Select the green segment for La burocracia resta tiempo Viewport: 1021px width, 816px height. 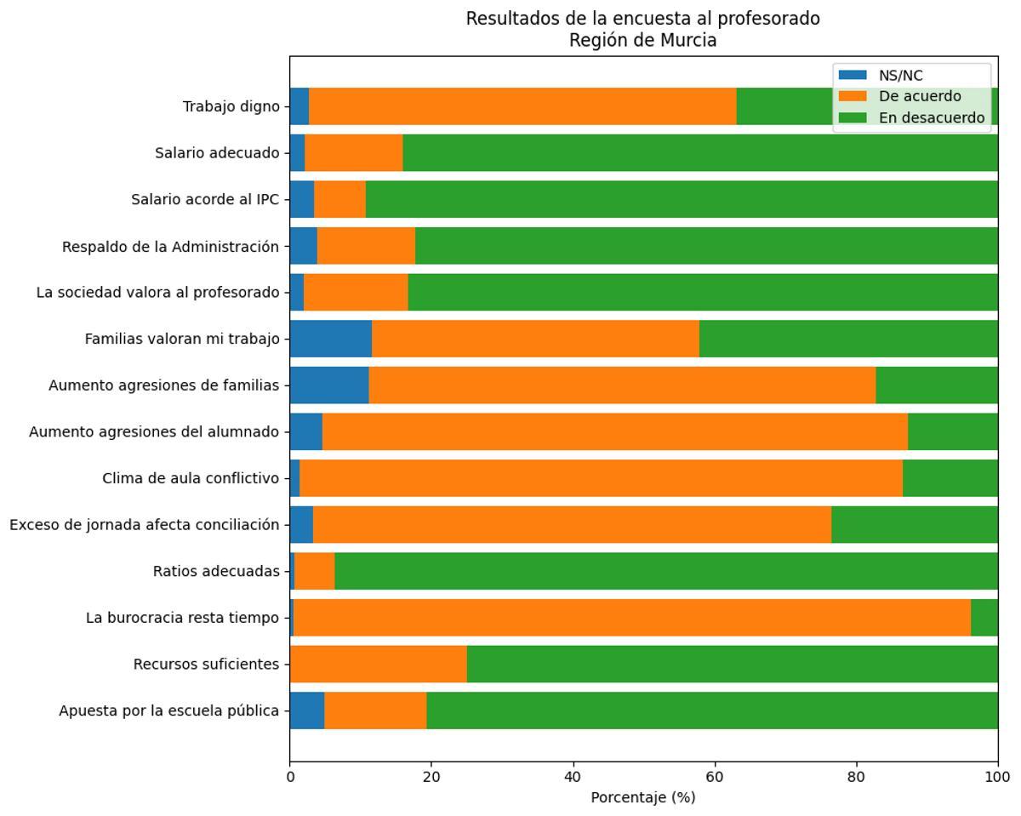pyautogui.click(x=984, y=618)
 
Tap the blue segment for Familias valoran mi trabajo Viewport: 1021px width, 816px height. pyautogui.click(x=330, y=339)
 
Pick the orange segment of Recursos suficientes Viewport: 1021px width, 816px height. pyautogui.click(x=379, y=664)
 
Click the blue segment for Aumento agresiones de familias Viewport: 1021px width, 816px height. pyautogui.click(x=328, y=385)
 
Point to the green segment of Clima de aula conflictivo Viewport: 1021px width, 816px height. pyautogui.click(x=950, y=478)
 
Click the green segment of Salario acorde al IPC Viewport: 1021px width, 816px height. pyautogui.click(x=681, y=199)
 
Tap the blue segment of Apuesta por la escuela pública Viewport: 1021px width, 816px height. pyautogui.click(x=306, y=710)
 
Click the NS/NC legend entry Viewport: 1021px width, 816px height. pyautogui.click(x=900, y=76)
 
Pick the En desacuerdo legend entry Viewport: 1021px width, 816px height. pyautogui.click(x=931, y=117)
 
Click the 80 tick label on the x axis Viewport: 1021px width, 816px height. pyautogui.click(x=856, y=776)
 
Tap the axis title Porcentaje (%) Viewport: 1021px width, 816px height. pyautogui.click(x=643, y=797)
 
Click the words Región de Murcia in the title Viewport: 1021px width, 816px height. pyautogui.click(x=643, y=40)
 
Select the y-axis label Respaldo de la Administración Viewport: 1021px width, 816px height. pyautogui.click(x=170, y=247)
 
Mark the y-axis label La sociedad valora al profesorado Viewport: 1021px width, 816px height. pyautogui.click(x=157, y=293)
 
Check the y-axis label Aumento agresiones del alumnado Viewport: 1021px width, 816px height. pyautogui.click(x=154, y=432)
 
